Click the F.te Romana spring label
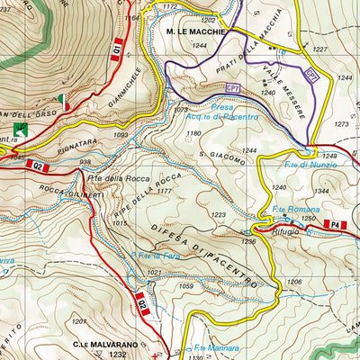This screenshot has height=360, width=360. tap(290, 210)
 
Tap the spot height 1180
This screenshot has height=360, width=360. tap(193, 134)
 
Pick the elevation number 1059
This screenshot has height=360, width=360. tap(188, 287)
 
